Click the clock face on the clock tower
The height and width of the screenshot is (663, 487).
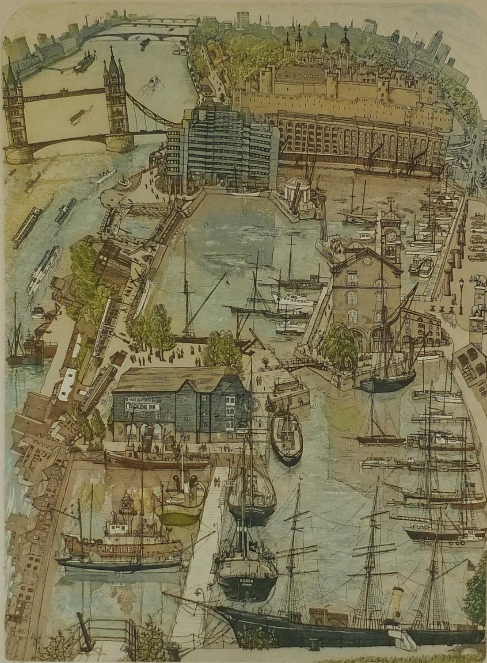(x=391, y=236)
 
